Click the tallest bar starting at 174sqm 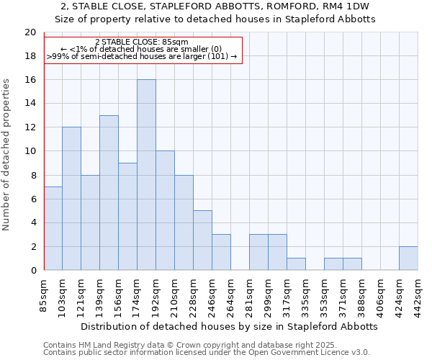tap(146, 175)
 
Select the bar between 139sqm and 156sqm tap(109, 193)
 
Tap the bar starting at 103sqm tap(71, 199)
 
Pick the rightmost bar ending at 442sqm tap(408, 258)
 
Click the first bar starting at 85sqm tap(53, 228)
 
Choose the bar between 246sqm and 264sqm tap(221, 252)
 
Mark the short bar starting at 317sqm tap(296, 264)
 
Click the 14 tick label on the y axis tap(30, 104)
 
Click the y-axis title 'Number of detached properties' tap(7, 155)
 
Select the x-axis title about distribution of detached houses tap(229, 326)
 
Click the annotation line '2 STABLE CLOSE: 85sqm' tap(141, 42)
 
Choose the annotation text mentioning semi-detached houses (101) tap(141, 55)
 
